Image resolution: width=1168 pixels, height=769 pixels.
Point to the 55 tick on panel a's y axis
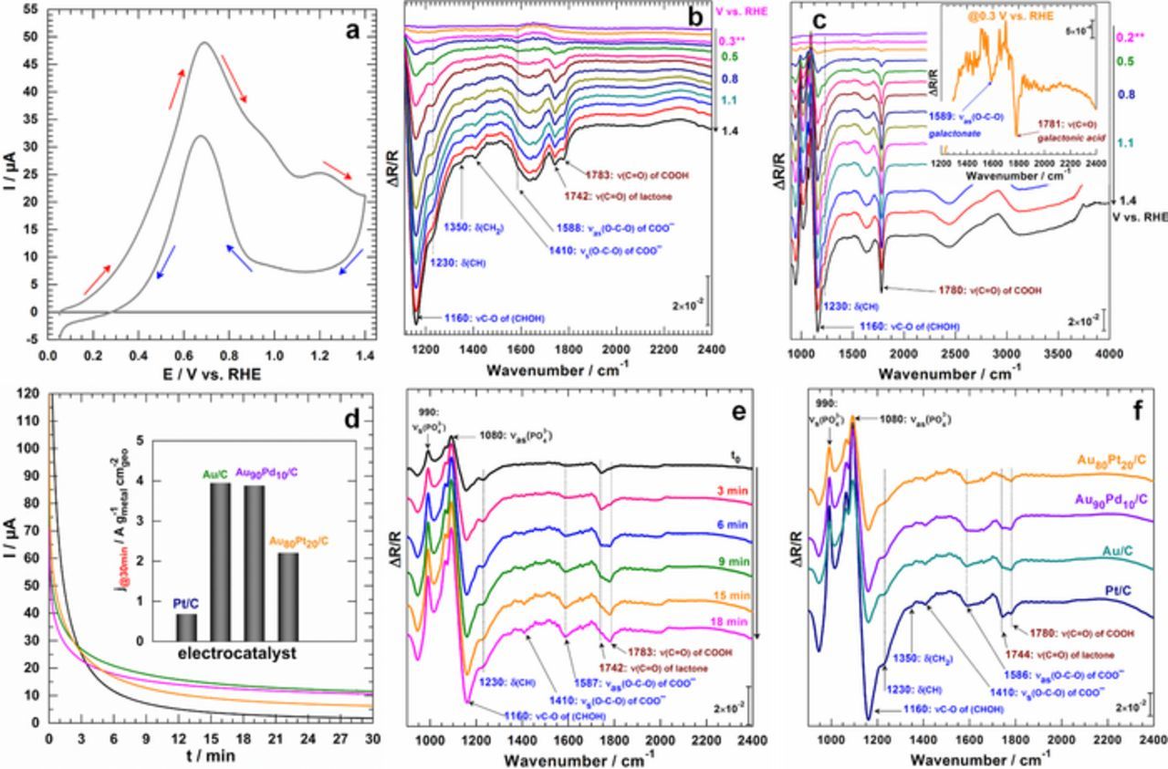click(x=29, y=9)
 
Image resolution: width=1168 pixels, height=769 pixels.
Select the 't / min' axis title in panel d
click(x=212, y=756)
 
